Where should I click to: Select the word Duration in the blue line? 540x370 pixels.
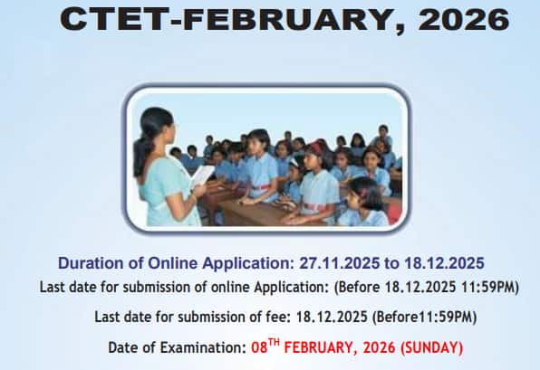[x=92, y=263]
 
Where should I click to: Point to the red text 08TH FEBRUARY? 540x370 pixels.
[x=305, y=347]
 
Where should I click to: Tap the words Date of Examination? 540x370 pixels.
[x=174, y=347]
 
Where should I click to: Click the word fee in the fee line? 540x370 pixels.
[x=256, y=318]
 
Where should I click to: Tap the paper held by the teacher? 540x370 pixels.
[x=202, y=176]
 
